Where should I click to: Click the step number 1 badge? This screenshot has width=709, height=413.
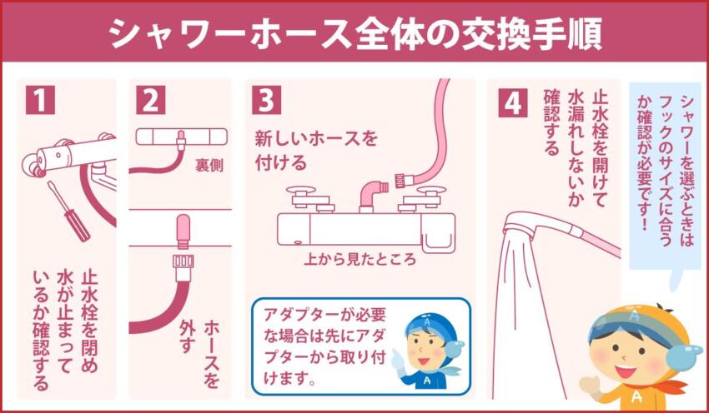point(39,99)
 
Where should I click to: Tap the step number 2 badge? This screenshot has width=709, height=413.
point(150,99)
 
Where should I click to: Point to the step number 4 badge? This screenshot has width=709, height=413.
point(512,102)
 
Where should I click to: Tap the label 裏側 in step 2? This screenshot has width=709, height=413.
point(209,165)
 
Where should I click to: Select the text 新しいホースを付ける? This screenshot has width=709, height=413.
point(315,148)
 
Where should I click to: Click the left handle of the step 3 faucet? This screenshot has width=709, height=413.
point(301,197)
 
